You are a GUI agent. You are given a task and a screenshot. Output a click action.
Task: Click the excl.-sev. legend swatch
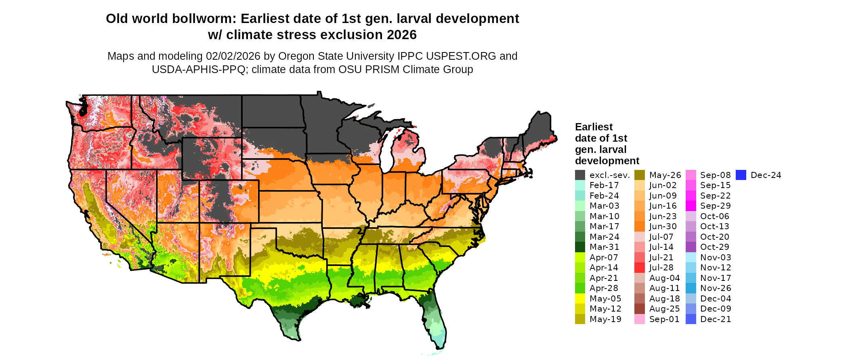[x=580, y=175]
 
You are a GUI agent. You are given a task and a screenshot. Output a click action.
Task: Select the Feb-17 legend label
[x=604, y=185]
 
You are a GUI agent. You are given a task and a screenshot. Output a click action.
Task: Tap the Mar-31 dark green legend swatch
[x=580, y=247]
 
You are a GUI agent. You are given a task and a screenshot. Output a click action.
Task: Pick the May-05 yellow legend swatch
[x=580, y=299]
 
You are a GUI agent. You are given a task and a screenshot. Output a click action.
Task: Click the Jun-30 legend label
[x=663, y=226]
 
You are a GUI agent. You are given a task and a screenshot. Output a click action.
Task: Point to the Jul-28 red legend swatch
[x=640, y=268]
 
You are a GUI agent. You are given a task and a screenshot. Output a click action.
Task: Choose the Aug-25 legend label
[x=664, y=309]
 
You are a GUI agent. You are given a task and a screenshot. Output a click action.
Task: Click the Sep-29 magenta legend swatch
[x=691, y=206]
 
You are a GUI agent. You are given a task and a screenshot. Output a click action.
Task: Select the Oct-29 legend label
[x=715, y=247]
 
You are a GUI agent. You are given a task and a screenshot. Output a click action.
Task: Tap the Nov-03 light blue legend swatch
[x=691, y=257]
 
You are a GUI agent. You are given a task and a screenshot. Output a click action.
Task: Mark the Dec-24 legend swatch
[x=741, y=175]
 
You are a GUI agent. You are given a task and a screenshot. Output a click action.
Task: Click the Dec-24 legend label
[x=766, y=175]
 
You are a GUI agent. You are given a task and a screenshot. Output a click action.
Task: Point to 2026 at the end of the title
[x=401, y=35]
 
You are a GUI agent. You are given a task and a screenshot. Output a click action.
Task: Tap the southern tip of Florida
[x=440, y=345]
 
